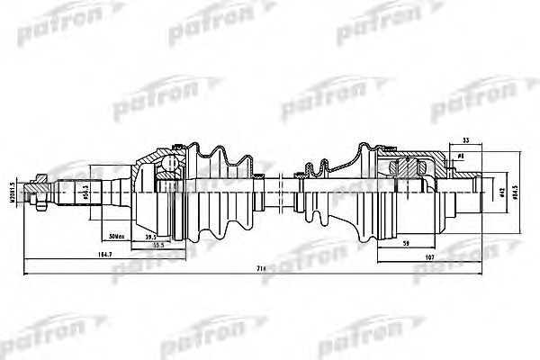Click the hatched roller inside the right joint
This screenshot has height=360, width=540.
tap(406, 168)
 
